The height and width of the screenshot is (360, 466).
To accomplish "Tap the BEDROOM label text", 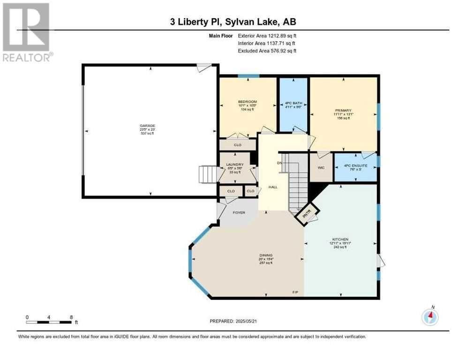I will [x=247, y=102].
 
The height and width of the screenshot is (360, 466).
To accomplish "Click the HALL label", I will [x=272, y=187].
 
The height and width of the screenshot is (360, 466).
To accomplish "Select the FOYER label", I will [x=239, y=212].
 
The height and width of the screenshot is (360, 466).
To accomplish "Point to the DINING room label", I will [x=266, y=255].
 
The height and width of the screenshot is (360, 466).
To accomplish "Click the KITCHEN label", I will [x=340, y=239].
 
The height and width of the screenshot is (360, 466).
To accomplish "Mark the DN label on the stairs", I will [x=279, y=163].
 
